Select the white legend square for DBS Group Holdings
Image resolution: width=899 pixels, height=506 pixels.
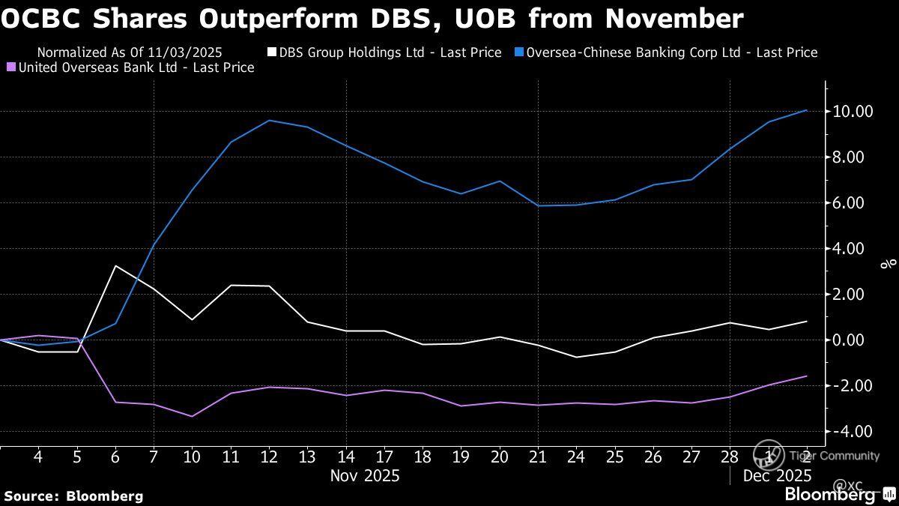[272, 52]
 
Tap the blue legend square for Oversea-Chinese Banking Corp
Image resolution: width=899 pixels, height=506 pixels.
[519, 52]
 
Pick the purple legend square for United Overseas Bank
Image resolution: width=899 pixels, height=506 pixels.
[10, 67]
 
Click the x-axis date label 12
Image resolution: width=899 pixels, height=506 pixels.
[270, 457]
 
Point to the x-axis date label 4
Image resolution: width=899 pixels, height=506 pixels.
[38, 457]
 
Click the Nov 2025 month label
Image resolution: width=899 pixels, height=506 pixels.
[365, 475]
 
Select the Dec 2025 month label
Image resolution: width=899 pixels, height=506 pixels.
[777, 475]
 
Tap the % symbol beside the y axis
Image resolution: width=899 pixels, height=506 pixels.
[889, 264]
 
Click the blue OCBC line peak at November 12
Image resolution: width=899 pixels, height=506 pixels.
[270, 121]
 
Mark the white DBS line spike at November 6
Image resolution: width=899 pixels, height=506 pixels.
[115, 266]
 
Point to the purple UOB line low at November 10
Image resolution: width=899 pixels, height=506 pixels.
[193, 416]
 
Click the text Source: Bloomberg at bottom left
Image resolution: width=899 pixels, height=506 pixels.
[73, 496]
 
